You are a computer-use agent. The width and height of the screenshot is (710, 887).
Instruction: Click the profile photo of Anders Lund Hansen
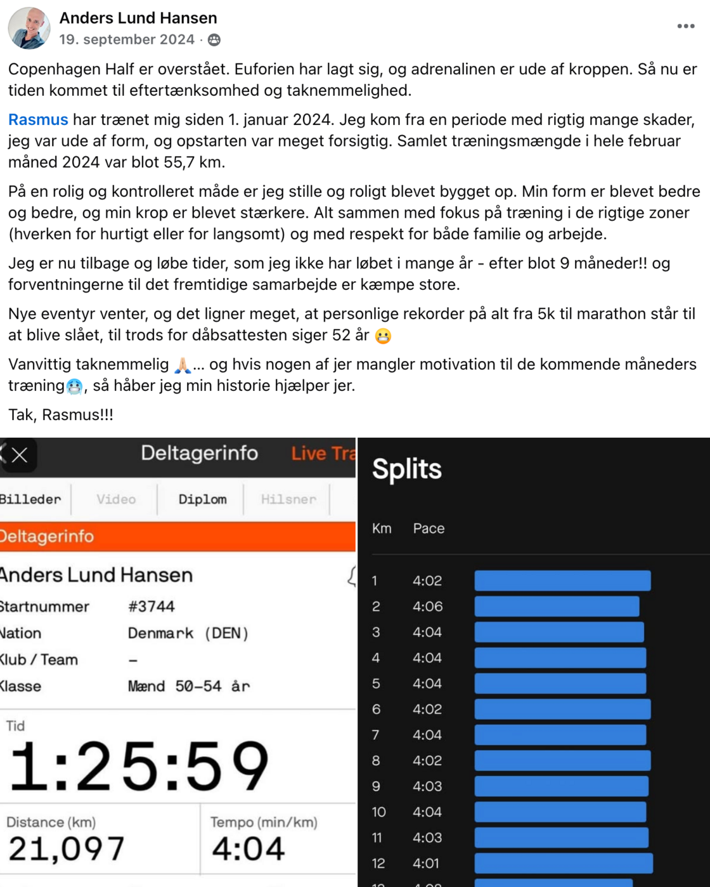point(29,29)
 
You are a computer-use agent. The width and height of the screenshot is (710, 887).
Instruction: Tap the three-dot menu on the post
point(686,27)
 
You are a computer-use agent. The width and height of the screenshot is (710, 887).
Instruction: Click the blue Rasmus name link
point(38,120)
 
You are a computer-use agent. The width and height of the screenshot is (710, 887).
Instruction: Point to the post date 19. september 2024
point(127,40)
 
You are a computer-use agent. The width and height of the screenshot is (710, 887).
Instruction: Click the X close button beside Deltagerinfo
point(20,455)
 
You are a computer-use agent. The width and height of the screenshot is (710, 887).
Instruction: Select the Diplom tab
point(202,499)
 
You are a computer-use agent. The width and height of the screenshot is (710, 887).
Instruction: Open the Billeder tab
point(30,499)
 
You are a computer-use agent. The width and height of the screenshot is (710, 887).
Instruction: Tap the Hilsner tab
point(288,499)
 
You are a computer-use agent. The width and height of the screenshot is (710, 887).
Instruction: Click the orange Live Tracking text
point(323,454)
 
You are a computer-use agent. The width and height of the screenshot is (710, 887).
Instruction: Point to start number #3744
point(152,607)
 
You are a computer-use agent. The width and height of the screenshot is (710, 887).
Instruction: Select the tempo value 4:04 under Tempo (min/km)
point(248,849)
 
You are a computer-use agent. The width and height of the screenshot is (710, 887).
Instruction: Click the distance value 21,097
point(67,849)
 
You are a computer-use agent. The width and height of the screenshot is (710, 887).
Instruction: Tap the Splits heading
point(407,470)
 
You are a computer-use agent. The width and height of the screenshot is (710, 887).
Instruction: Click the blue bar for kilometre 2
point(557,607)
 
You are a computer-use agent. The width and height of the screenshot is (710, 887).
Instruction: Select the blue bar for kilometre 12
point(564,864)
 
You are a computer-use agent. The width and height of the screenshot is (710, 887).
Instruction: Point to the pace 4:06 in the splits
point(428,607)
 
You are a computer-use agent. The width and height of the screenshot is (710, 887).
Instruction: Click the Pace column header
point(429,529)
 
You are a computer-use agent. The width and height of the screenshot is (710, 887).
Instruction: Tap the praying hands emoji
point(183,365)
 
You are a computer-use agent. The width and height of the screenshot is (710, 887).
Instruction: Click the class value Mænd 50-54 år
point(189,687)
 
